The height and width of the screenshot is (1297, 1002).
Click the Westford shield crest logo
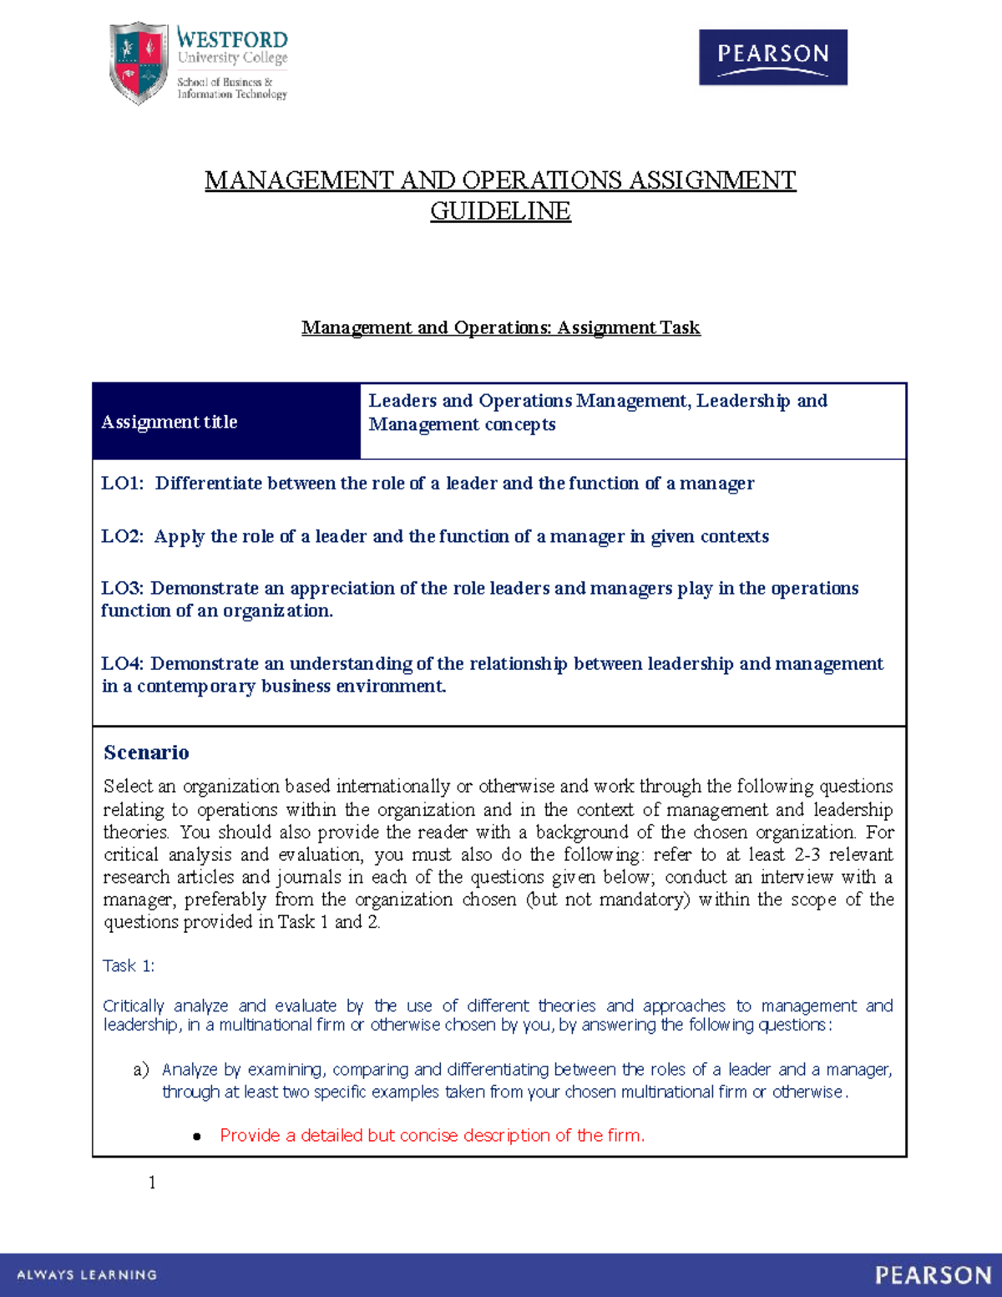pyautogui.click(x=138, y=63)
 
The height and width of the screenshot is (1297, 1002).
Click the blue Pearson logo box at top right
pyautogui.click(x=772, y=57)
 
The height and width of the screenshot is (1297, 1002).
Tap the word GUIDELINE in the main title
pyautogui.click(x=500, y=211)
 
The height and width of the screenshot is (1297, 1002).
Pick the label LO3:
pyautogui.click(x=123, y=589)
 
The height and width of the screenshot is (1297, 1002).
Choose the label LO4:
pyautogui.click(x=123, y=664)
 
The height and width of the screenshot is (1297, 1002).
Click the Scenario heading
pyautogui.click(x=146, y=752)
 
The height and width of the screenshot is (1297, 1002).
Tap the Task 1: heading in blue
pyautogui.click(x=129, y=966)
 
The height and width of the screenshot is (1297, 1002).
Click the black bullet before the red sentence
pyautogui.click(x=197, y=1137)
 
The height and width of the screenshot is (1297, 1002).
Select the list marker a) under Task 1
pyautogui.click(x=141, y=1070)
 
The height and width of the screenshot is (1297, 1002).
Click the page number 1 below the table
pyautogui.click(x=152, y=1183)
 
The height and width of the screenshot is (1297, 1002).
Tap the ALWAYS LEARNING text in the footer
pyautogui.click(x=87, y=1275)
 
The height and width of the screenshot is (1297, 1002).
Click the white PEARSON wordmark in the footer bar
pyautogui.click(x=933, y=1275)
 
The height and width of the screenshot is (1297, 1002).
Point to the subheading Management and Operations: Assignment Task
pyautogui.click(x=500, y=328)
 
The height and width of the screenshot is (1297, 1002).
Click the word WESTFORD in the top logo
pyautogui.click(x=232, y=39)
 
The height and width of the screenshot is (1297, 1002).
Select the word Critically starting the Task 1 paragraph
pyautogui.click(x=134, y=1006)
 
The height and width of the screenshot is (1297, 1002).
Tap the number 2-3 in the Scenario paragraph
pyautogui.click(x=807, y=855)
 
